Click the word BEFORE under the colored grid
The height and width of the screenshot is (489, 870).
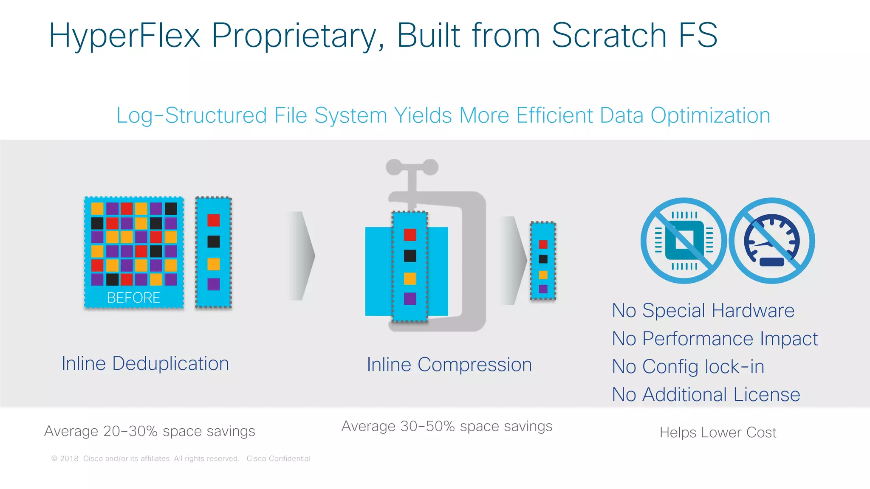point(133,298)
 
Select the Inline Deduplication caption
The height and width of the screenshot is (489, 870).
point(145,364)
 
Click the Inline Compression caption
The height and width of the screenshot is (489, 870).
point(449,365)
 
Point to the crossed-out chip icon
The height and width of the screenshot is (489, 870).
point(684,241)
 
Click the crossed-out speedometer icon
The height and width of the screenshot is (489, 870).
point(772,241)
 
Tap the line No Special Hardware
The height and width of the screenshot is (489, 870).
point(703,311)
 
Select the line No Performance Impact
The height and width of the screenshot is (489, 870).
point(715,339)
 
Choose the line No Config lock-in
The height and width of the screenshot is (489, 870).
point(688,367)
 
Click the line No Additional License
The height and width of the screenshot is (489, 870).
point(706,395)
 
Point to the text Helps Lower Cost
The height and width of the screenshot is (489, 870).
point(717,433)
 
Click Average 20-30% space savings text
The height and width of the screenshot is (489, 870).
point(150,431)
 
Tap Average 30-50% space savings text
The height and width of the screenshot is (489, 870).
point(447,426)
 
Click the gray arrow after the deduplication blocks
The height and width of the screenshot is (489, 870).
point(302,256)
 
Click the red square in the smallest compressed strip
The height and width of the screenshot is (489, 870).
point(543,244)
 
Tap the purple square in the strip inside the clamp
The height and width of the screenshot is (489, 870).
point(410,299)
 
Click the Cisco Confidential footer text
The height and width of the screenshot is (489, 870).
point(278,458)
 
